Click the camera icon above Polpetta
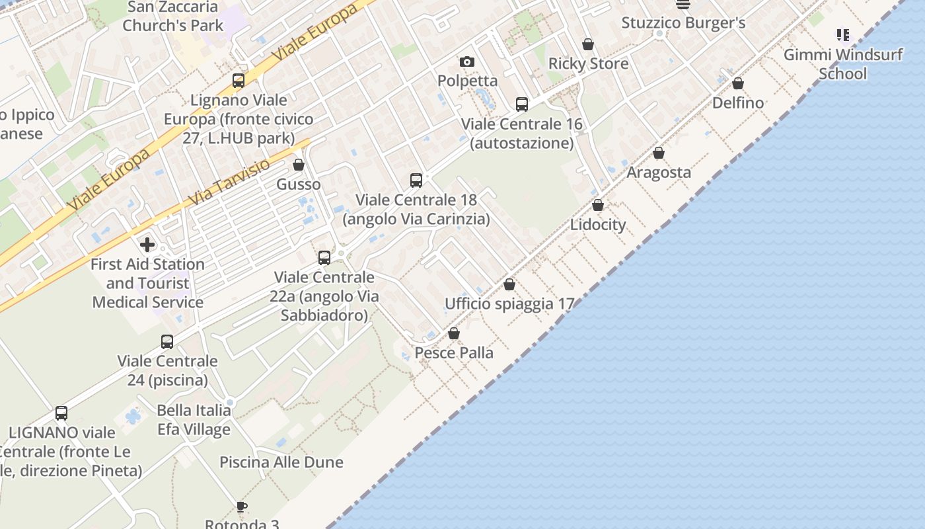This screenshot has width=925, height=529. [467, 62]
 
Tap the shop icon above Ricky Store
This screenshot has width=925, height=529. [588, 45]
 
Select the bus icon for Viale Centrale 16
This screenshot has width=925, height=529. [522, 104]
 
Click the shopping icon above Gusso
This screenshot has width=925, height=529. [299, 165]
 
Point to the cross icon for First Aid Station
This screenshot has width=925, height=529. [147, 245]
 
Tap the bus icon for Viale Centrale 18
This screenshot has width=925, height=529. [416, 181]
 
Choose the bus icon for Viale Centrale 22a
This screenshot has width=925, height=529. [324, 258]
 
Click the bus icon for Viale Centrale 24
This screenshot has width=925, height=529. [167, 342]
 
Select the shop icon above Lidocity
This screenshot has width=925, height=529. [598, 206]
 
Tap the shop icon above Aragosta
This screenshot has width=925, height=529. [659, 153]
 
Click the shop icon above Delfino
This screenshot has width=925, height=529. [738, 83]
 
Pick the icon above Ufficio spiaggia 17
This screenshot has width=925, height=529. [509, 285]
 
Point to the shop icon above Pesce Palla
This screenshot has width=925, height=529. [454, 334]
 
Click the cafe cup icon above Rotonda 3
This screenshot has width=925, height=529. [242, 507]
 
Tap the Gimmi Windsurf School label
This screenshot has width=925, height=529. [843, 64]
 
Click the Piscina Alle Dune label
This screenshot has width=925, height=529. [281, 462]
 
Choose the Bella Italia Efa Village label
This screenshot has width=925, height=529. [194, 420]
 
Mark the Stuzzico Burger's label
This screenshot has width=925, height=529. [683, 23]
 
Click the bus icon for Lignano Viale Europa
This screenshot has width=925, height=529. [239, 81]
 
